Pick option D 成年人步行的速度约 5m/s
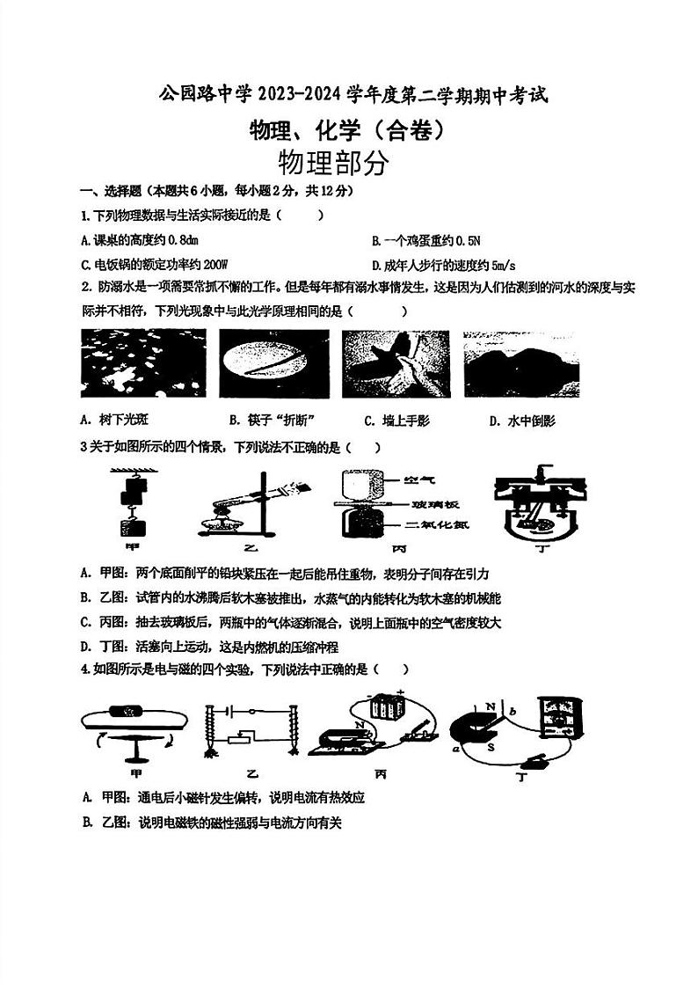[442, 264]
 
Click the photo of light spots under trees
[142, 362]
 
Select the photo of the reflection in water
[521, 362]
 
